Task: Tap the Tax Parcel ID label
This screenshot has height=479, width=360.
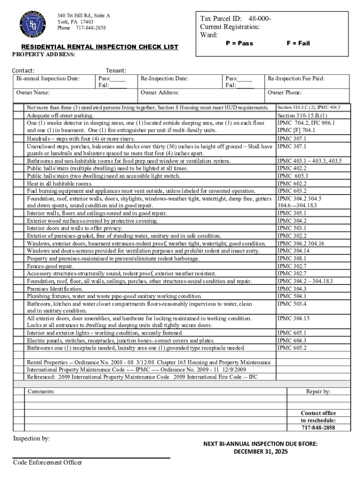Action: (221, 19)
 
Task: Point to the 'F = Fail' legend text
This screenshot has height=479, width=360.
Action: (298, 43)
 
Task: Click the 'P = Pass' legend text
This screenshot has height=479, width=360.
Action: (239, 43)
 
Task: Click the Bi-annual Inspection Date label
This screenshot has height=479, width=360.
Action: (48, 79)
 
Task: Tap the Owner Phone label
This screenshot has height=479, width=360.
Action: (284, 93)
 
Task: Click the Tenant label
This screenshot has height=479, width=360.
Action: (116, 71)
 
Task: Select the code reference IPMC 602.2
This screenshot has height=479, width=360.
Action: (292, 184)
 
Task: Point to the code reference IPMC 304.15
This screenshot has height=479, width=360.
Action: (293, 319)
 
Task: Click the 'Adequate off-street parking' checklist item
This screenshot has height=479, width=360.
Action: (60, 116)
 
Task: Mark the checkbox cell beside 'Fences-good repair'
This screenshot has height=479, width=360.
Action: (18, 266)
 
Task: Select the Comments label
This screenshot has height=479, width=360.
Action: (41, 391)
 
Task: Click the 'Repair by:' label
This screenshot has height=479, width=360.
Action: (318, 391)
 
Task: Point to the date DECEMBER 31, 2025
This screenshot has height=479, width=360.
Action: (261, 451)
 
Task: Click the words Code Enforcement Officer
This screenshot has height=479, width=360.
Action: (47, 463)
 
